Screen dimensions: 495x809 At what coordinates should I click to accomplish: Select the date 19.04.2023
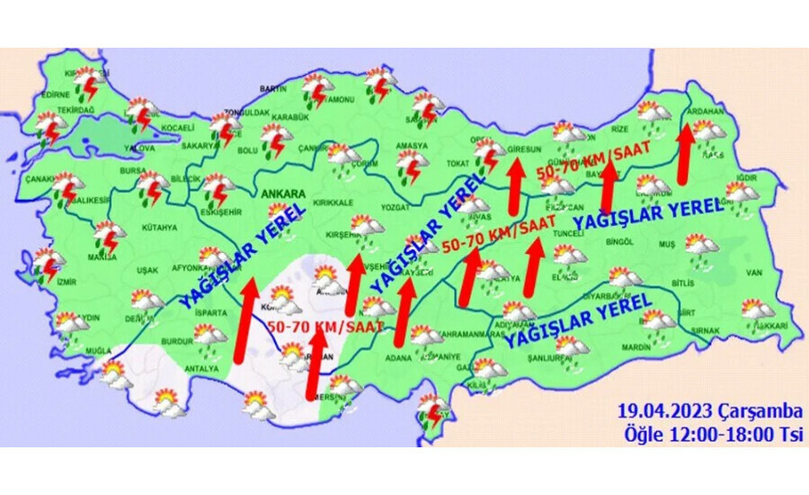(667, 412)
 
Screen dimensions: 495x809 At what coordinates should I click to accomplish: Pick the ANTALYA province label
(200, 369)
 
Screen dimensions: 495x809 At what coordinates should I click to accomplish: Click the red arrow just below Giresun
(515, 185)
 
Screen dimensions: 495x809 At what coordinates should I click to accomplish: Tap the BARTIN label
(272, 88)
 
